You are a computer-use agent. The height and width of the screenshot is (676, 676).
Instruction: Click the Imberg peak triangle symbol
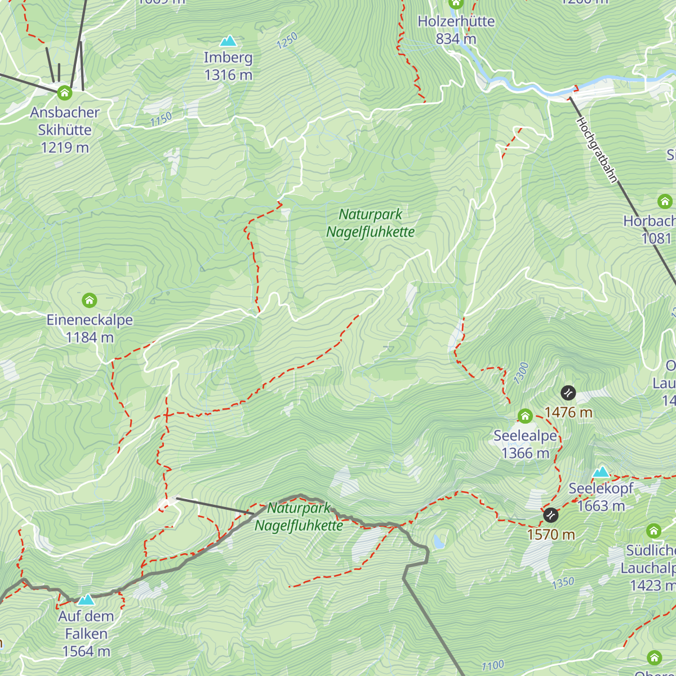point(228,41)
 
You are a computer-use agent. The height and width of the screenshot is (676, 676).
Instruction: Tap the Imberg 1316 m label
point(228,66)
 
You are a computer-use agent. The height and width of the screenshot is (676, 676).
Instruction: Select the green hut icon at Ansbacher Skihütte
point(65,92)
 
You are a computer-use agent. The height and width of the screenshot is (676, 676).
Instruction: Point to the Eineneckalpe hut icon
point(90,300)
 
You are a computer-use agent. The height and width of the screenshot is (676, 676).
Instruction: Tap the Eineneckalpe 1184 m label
point(90,328)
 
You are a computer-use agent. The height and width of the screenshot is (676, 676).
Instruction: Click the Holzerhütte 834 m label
point(456,30)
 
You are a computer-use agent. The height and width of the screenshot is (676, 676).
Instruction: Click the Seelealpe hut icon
point(525,416)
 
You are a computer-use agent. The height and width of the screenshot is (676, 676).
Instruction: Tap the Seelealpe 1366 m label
point(525,444)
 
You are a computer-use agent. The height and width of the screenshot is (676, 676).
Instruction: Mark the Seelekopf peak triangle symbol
point(601,472)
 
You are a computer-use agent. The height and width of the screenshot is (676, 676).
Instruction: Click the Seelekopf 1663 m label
point(601,497)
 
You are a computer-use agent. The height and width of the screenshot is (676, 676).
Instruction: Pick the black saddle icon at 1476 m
point(568,393)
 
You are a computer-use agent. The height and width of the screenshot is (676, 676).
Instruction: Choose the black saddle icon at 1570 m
point(550,515)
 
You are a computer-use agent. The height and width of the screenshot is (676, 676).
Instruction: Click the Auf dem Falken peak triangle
point(86,599)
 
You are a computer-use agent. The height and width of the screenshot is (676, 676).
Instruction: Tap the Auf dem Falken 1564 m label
point(86,634)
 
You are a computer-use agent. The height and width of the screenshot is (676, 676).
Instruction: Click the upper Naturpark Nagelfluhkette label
point(371,223)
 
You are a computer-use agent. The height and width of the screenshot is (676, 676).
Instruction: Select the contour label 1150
point(161,119)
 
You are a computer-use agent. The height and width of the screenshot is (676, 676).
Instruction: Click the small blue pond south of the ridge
point(438,542)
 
